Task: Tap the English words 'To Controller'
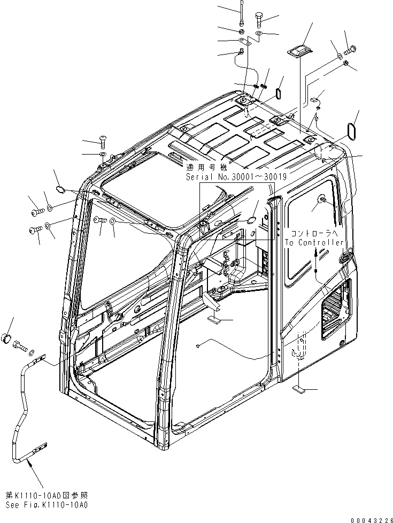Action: pos(314,242)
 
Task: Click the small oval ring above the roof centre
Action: pos(278,93)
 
